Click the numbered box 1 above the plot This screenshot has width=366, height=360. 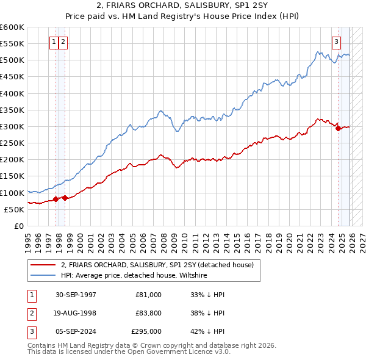pos(54,42)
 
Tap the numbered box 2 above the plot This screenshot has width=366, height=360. pos(63,42)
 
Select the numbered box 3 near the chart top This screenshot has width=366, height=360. pos(336,42)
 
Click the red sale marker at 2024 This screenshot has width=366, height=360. pos(338,128)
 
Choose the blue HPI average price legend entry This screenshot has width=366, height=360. pos(134,275)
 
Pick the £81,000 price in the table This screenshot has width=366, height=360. pos(148,294)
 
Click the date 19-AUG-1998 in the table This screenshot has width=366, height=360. pos(75,313)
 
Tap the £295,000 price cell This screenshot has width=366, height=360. pos(146,332)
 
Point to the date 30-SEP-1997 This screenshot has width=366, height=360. pos(75,294)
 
